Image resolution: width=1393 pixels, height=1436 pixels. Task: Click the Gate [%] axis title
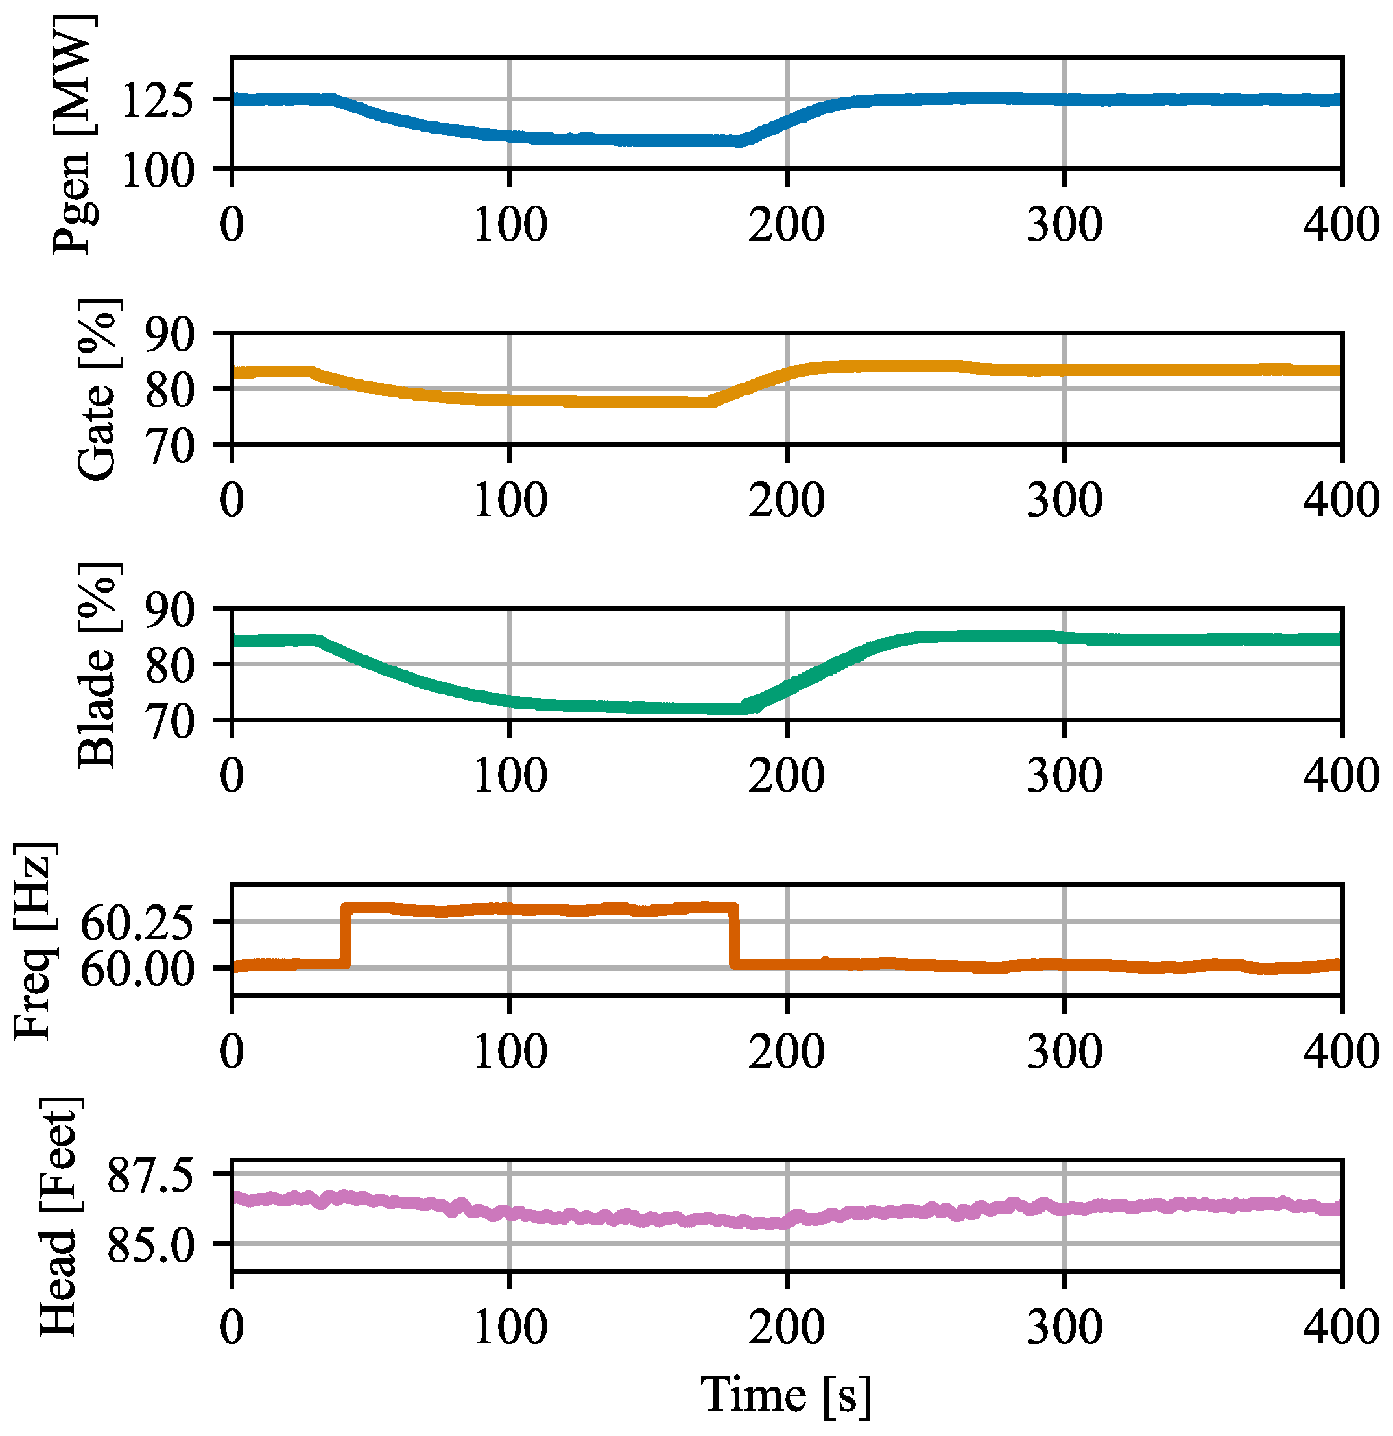tap(97, 390)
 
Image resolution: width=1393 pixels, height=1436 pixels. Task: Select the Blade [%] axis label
tap(97, 665)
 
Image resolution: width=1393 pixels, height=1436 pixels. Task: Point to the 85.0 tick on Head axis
tap(151, 1244)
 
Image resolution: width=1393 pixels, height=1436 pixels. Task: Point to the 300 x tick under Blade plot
tap(1064, 776)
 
